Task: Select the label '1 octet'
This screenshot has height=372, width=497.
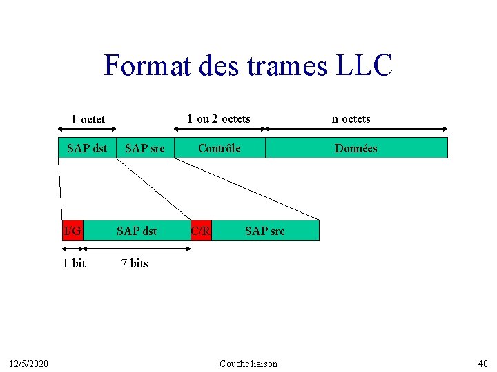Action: pos(88,120)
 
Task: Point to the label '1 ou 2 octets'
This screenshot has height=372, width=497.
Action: pos(219,118)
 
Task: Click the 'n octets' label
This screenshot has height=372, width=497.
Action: pos(351,118)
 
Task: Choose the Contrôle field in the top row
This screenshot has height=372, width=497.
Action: pos(220,148)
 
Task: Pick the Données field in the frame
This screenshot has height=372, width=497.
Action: pos(356,148)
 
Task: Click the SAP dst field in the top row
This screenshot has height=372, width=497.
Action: pos(87,148)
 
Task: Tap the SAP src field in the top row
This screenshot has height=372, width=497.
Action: pos(145,148)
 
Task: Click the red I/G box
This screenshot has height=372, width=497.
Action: pos(72,231)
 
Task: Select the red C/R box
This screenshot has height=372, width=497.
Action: pos(201,231)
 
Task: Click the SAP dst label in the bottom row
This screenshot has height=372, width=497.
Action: pos(137,231)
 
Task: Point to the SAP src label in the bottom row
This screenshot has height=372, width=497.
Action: pos(265,231)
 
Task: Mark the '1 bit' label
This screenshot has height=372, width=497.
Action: pos(74,263)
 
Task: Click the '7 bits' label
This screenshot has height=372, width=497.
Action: pos(135,263)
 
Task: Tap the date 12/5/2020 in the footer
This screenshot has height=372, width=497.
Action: pos(28,364)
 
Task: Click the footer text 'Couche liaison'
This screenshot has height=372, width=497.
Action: pos(248,364)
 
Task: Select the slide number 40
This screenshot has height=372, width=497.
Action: pos(483,364)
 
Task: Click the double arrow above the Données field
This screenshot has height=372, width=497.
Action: pos(357,128)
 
